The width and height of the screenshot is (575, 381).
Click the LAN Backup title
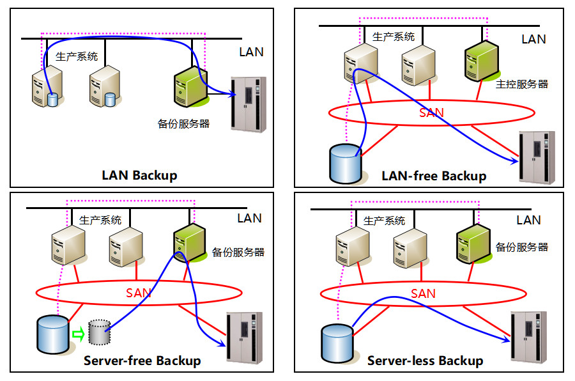pos(139,175)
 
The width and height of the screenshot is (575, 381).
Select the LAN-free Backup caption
pos(434,176)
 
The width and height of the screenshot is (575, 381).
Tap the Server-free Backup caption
pos(142,361)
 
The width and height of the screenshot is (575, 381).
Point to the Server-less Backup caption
pos(425,361)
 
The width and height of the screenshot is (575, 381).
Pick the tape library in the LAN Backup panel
pos(249,104)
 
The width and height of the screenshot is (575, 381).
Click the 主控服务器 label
pos(522,84)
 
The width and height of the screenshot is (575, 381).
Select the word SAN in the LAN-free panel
pos(431,113)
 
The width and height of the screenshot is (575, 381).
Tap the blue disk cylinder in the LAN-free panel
pos(344,164)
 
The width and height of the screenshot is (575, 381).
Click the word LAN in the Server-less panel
pos(528,220)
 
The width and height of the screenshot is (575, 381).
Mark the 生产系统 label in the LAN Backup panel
pos(77,56)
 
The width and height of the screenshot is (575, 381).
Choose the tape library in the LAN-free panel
pos(537,157)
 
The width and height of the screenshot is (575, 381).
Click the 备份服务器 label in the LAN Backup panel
pos(183,123)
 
